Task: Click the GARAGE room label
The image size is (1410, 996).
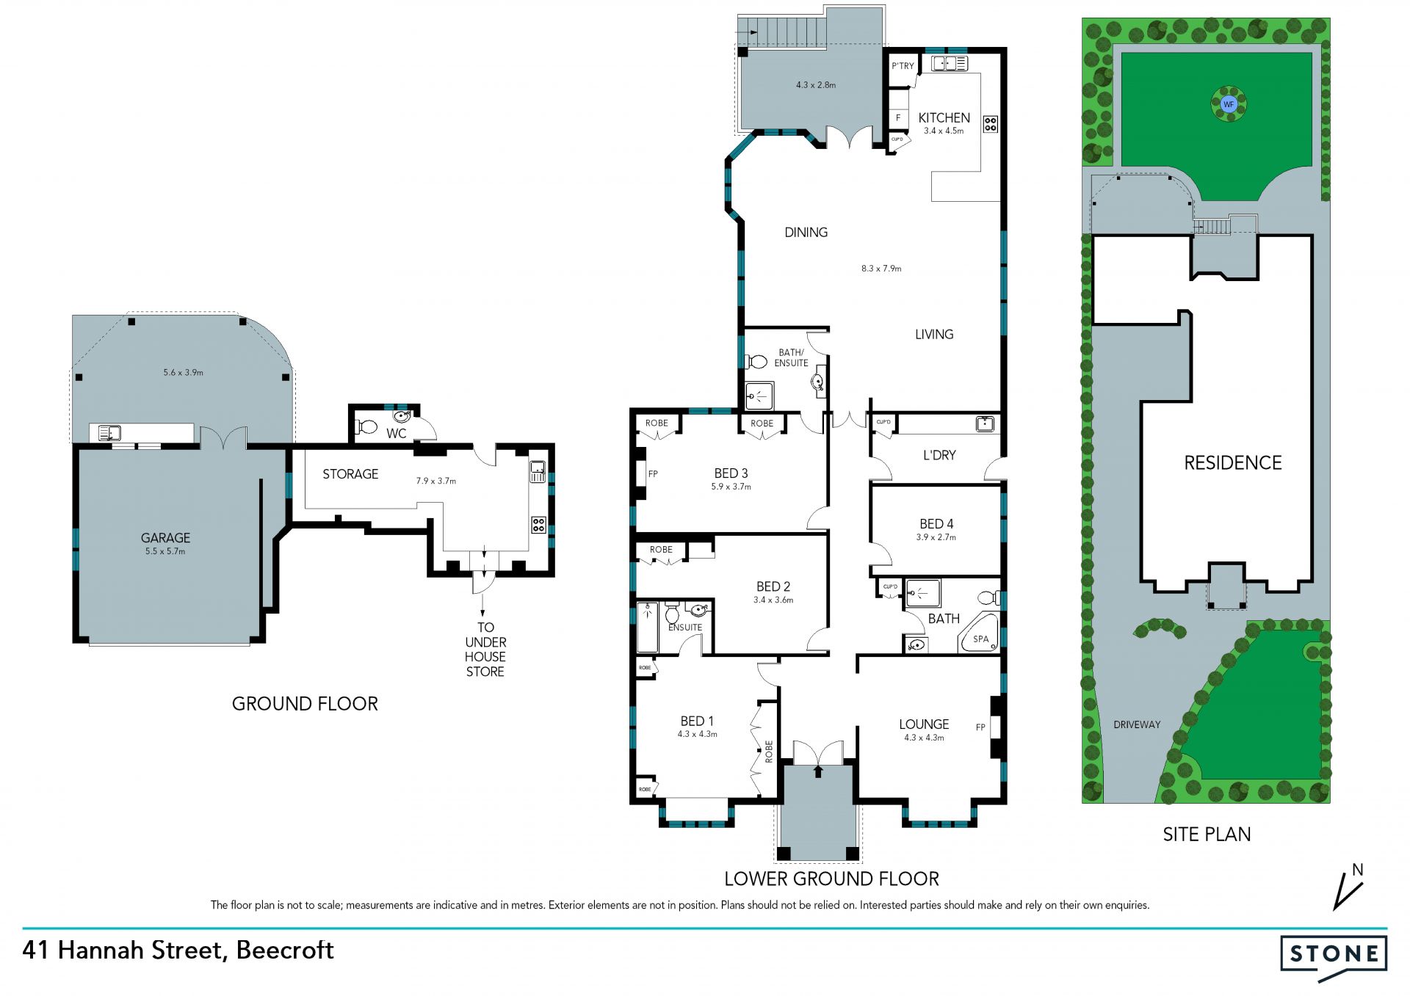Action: tap(165, 538)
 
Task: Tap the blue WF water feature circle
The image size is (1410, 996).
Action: tap(1229, 104)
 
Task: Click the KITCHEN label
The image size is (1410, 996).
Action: tap(944, 117)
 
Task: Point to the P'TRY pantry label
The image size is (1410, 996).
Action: tap(903, 66)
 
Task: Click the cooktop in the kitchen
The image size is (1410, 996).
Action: tap(990, 123)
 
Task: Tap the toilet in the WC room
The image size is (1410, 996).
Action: tap(366, 426)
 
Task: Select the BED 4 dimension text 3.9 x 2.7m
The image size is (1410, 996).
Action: tap(936, 537)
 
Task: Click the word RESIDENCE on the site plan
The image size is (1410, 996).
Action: tap(1233, 463)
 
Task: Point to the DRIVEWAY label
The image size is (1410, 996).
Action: tap(1137, 724)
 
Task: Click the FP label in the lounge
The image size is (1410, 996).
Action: tap(980, 727)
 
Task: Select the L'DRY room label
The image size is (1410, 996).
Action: tap(939, 455)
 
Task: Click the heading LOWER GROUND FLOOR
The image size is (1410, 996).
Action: tap(831, 879)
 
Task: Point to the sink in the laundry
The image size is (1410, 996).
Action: tap(985, 424)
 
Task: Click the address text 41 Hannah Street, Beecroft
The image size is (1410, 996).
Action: tap(178, 950)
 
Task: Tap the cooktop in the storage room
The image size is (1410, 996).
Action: tap(538, 525)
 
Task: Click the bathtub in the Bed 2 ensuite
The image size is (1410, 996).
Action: tap(647, 627)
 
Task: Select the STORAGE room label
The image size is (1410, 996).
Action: tap(350, 474)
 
